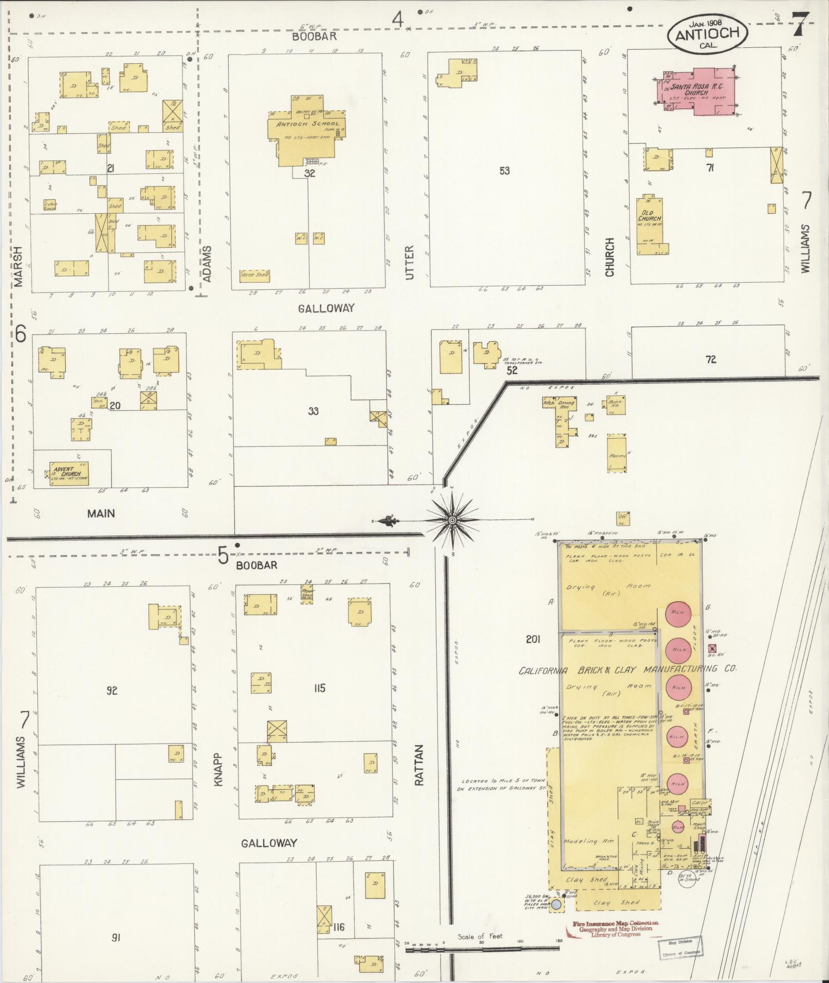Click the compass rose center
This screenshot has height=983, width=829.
pos(452,521)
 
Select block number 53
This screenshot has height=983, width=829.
pos(504,171)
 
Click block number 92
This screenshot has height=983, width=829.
pos(112,690)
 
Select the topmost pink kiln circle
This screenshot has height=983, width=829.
pos(678,613)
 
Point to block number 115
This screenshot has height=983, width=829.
pos(319,688)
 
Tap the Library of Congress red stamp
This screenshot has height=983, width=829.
pos(615,929)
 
